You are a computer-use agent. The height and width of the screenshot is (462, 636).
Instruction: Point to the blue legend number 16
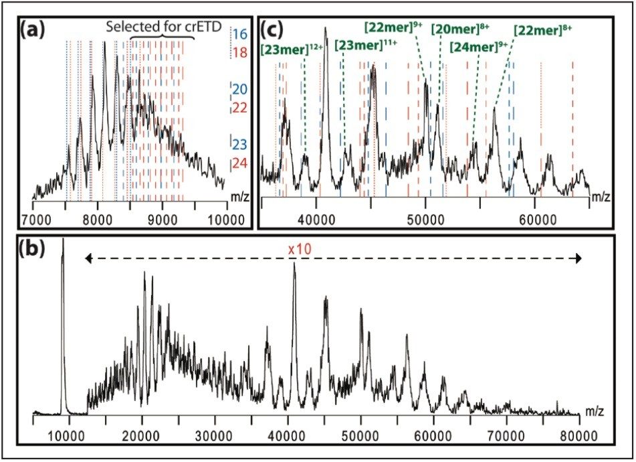point(239,33)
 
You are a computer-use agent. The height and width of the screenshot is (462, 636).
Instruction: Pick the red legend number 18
point(239,53)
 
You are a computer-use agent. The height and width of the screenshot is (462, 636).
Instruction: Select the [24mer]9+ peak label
point(478,48)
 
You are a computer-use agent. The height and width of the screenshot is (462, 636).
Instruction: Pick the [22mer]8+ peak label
point(542,29)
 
